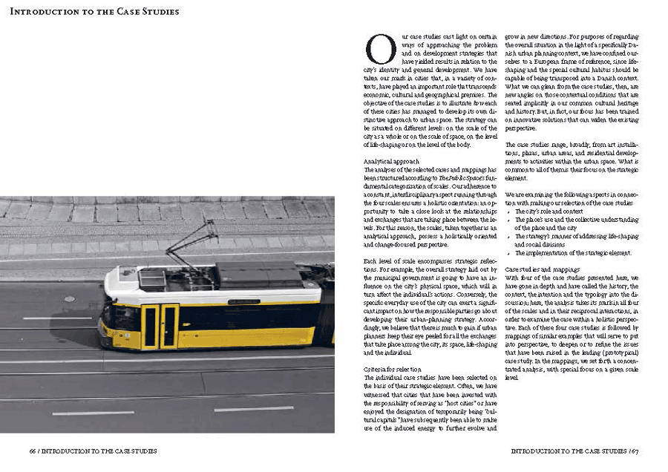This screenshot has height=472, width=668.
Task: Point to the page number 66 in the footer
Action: [x=33, y=450]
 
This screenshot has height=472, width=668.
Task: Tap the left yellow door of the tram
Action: [x=151, y=327]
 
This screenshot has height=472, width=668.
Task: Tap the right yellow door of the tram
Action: [x=170, y=327]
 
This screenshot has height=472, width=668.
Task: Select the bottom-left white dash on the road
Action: [x=94, y=413]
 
